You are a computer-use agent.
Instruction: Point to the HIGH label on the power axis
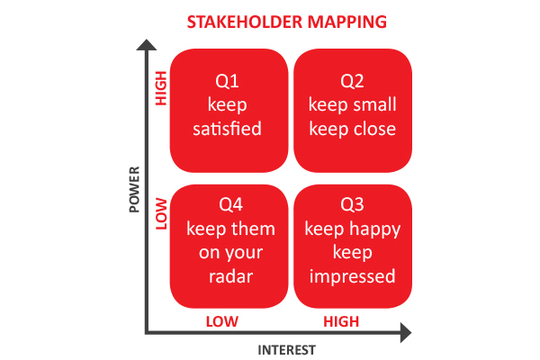[x=162, y=89]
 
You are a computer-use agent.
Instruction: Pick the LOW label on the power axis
[x=162, y=217]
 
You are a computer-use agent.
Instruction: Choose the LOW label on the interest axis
[x=221, y=321]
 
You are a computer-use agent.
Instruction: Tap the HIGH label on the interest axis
[x=341, y=321]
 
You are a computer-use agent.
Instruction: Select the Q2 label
[x=352, y=82]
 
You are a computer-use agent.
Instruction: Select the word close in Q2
[x=375, y=129]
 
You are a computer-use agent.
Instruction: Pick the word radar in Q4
[x=230, y=275]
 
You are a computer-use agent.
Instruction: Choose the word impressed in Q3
[x=352, y=275]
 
